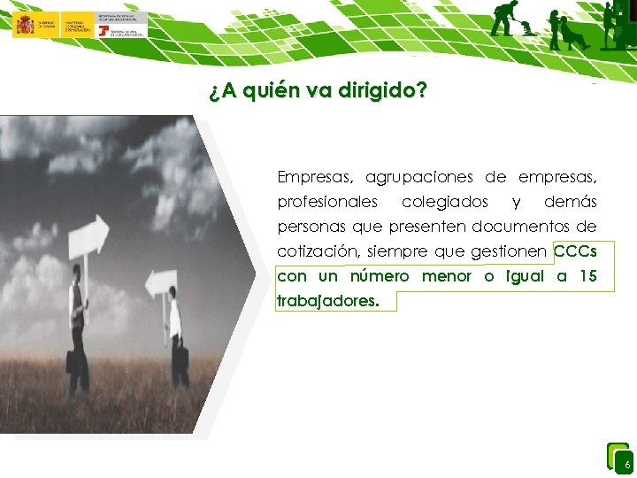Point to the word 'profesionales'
[x=327, y=202]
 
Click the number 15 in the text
[x=587, y=276]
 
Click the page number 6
[x=626, y=465]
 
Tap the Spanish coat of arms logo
[x=24, y=24]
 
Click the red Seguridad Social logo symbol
[x=105, y=31]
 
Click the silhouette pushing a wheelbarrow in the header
[x=509, y=19]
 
